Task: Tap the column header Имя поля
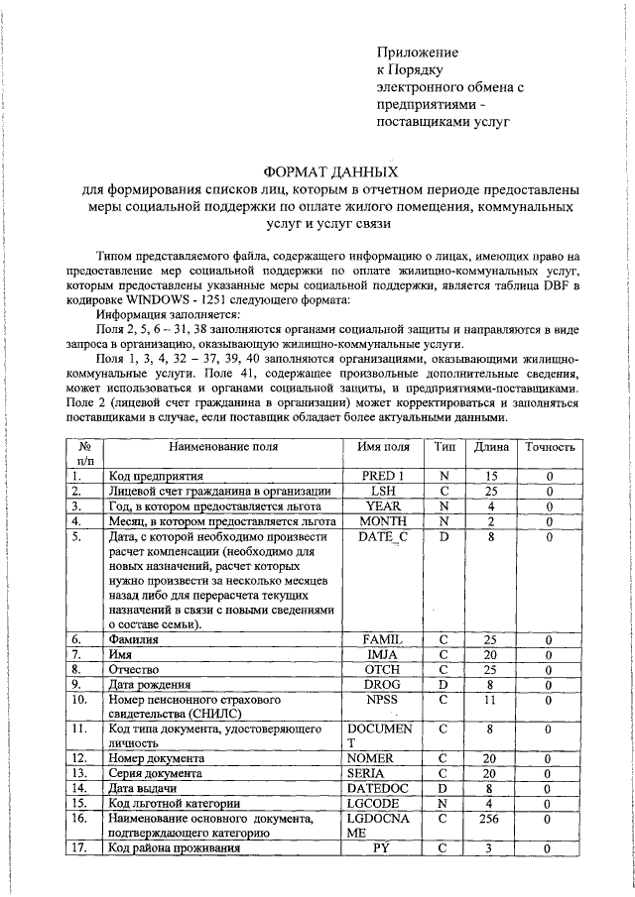click(x=382, y=446)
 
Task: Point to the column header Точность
click(x=550, y=446)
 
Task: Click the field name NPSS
click(x=382, y=700)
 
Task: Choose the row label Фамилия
click(x=139, y=640)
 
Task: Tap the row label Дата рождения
click(x=150, y=684)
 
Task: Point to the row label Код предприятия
click(x=156, y=476)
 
